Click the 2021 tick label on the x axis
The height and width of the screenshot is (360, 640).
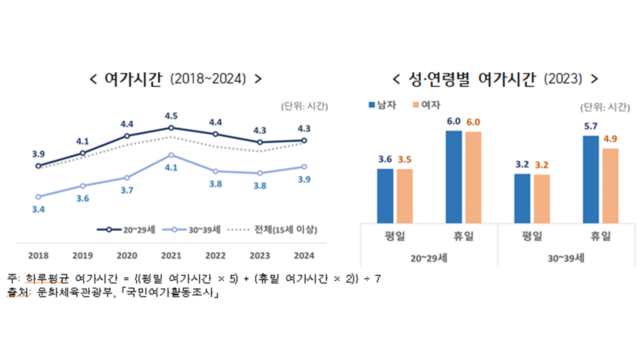(171, 255)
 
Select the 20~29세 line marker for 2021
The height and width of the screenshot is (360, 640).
(171, 127)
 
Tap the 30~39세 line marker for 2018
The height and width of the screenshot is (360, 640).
(38, 196)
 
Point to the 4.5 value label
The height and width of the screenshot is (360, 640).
(171, 116)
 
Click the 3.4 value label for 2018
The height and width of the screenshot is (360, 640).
(38, 209)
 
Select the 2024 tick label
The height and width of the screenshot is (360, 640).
(304, 255)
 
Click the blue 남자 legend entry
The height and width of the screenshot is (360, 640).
(382, 105)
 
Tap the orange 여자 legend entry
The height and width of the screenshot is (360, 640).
(427, 105)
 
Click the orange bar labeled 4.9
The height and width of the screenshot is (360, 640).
(610, 185)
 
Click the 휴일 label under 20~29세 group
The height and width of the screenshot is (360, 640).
(463, 236)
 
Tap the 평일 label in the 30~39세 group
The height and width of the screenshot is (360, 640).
(531, 236)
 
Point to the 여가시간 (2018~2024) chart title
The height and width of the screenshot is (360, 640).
(175, 79)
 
